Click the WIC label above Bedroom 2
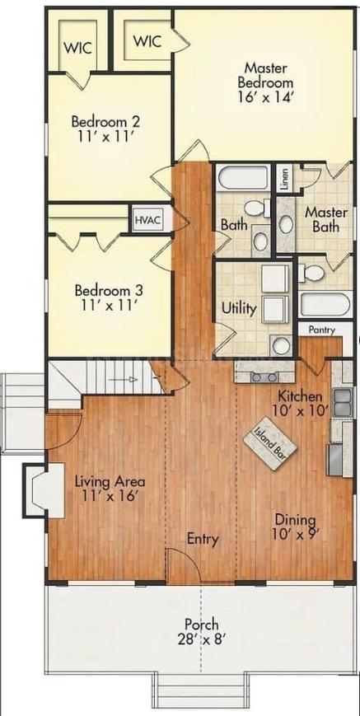78,47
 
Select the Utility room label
238,309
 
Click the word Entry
202,540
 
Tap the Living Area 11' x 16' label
110,489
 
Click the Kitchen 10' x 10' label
302,402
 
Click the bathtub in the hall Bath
242,179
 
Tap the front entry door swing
182,566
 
